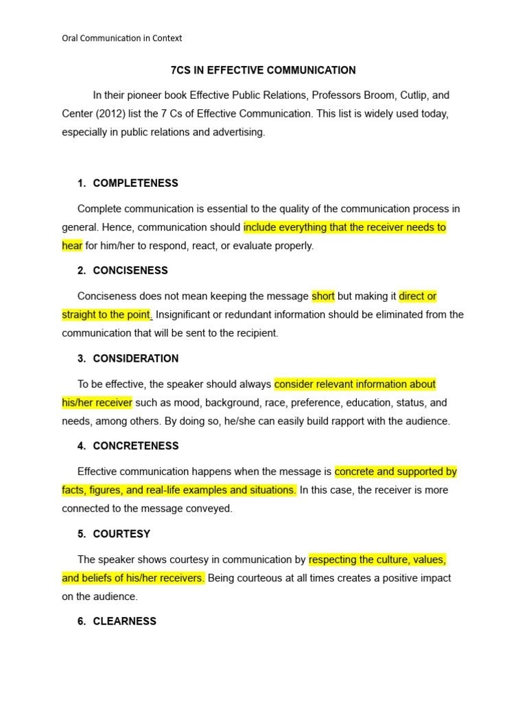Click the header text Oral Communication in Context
(x=122, y=38)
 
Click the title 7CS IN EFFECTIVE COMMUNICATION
(x=263, y=70)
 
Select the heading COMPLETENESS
(x=135, y=183)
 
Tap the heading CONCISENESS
(x=130, y=270)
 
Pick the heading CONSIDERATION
(x=135, y=358)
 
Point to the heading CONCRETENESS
(x=135, y=446)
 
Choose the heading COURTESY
(x=121, y=534)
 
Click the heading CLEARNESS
(x=124, y=621)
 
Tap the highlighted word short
(x=323, y=297)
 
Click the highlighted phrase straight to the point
(x=106, y=314)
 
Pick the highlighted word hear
(x=72, y=246)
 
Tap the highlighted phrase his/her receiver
(x=97, y=402)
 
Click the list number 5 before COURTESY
(x=81, y=534)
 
